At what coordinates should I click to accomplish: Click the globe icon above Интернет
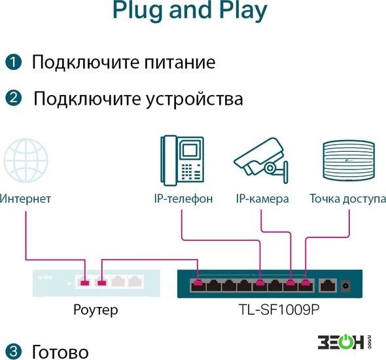click(x=26, y=160)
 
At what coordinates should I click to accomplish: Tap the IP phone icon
click(x=182, y=160)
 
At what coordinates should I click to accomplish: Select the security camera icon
click(x=261, y=160)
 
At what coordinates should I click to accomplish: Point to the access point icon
click(x=349, y=160)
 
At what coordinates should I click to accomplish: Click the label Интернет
click(x=25, y=198)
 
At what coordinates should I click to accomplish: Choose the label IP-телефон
click(x=183, y=199)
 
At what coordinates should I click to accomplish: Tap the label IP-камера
click(x=262, y=199)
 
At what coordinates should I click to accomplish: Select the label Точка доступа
click(x=347, y=199)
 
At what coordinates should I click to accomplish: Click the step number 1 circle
click(x=13, y=62)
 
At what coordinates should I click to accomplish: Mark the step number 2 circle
click(x=13, y=98)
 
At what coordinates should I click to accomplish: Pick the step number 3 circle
click(x=13, y=351)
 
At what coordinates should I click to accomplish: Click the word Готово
click(x=60, y=351)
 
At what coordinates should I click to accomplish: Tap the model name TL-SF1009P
click(x=279, y=310)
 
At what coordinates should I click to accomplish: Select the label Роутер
click(x=96, y=310)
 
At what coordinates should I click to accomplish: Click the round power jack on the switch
click(x=345, y=286)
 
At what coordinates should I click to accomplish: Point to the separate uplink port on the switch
click(x=326, y=285)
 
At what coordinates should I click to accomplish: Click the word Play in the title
click(x=243, y=10)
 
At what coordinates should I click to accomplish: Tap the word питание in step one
click(x=180, y=62)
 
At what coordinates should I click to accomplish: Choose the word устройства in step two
click(x=194, y=99)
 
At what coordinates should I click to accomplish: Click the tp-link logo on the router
click(x=44, y=278)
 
